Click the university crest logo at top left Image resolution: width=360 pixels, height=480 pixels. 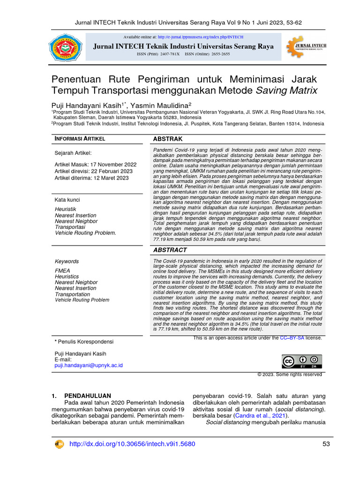click(x=65, y=47)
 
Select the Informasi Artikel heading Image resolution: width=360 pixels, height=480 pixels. click(x=80, y=139)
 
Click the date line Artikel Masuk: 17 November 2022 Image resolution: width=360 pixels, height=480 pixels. click(x=96, y=165)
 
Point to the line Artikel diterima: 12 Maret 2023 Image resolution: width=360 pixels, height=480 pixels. click(x=91, y=178)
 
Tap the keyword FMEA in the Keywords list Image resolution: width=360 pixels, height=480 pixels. click(x=62, y=270)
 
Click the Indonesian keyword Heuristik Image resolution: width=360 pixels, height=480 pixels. click(x=66, y=209)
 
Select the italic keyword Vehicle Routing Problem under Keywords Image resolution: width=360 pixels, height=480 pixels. click(x=82, y=300)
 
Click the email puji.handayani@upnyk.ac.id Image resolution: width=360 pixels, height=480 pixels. click(x=89, y=365)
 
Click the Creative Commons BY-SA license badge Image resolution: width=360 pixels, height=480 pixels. click(x=302, y=361)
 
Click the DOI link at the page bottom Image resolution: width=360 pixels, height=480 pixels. click(x=132, y=444)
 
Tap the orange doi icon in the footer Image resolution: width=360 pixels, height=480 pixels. click(x=60, y=444)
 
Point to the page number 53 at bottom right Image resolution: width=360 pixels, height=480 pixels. click(x=326, y=444)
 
